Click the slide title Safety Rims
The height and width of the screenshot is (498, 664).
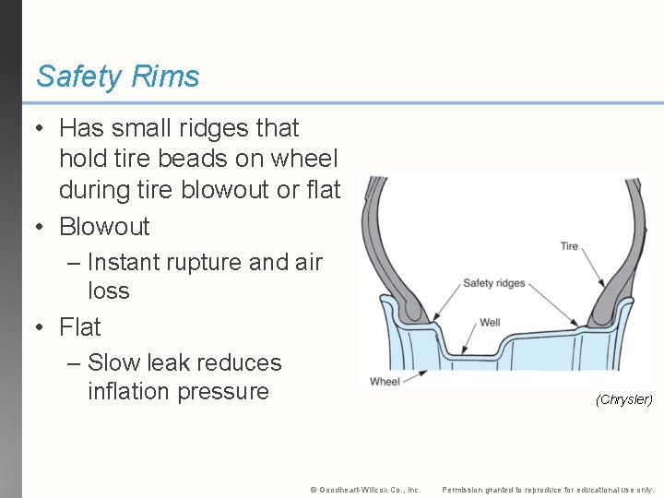(x=117, y=77)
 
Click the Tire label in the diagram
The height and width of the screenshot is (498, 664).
(x=569, y=246)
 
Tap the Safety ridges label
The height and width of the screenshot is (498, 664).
(x=493, y=283)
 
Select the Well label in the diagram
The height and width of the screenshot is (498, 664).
(x=490, y=323)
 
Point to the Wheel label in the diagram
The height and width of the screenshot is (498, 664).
(x=385, y=381)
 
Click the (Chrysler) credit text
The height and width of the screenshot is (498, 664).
(x=623, y=399)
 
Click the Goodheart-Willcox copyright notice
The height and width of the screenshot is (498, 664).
(x=365, y=490)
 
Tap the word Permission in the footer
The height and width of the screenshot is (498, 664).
(x=464, y=490)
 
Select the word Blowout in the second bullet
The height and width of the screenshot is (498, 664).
(x=104, y=226)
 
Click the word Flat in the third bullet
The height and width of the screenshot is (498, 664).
(x=80, y=326)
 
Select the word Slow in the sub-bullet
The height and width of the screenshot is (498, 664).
(x=113, y=363)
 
